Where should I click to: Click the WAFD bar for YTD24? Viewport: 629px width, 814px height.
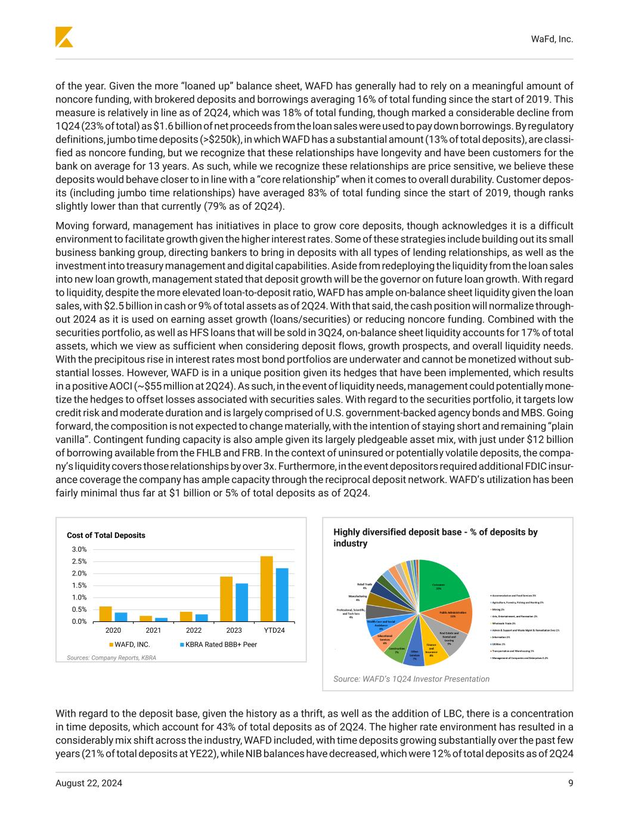pos(267,589)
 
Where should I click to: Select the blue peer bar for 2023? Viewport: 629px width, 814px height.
pos(241,602)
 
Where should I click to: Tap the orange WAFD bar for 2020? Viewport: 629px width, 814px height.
pos(106,614)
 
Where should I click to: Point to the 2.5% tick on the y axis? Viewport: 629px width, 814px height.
pos(79,561)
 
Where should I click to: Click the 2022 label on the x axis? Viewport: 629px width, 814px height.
pos(194,630)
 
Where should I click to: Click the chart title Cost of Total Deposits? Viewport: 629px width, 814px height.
pos(106,535)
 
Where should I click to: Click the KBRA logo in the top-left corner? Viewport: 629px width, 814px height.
pos(64,37)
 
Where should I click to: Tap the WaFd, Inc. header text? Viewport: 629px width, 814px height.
pos(551,39)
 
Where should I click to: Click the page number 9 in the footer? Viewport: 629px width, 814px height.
pos(571,783)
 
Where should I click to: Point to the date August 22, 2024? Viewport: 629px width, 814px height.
pos(89,783)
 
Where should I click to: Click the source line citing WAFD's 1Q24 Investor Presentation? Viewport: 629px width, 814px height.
pos(411,679)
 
